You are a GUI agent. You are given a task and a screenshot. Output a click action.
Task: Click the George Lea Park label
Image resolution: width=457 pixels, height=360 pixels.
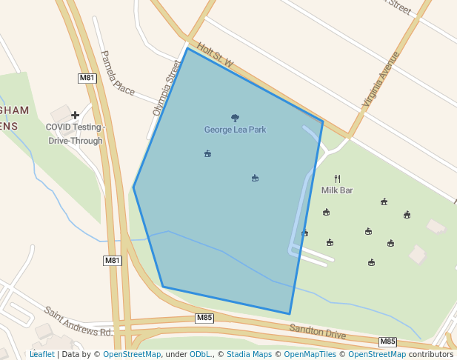(x=235, y=130)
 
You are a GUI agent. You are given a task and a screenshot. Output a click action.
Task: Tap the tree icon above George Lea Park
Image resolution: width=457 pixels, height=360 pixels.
(x=235, y=118)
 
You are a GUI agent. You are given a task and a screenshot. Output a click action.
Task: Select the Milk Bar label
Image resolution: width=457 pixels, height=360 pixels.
(x=337, y=190)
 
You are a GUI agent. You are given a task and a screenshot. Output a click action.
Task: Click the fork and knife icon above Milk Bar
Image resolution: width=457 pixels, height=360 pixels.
(x=337, y=179)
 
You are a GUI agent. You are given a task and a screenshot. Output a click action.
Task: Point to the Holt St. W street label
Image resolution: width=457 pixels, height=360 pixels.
(x=216, y=56)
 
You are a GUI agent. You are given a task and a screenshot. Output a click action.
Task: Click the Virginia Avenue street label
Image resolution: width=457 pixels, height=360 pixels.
(x=381, y=80)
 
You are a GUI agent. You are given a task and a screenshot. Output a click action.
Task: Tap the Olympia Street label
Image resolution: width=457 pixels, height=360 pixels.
(x=167, y=88)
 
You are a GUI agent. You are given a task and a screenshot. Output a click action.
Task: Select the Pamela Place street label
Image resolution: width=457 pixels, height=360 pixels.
(x=117, y=73)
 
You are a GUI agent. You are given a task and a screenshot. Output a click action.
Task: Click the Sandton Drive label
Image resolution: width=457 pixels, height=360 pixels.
(x=317, y=331)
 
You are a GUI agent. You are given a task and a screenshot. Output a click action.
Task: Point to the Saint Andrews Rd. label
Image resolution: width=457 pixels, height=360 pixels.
(x=78, y=321)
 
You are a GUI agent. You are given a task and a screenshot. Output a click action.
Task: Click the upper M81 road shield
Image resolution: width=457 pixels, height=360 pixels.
(x=87, y=78)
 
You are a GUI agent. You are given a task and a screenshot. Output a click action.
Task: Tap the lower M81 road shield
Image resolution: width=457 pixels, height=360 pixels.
(x=112, y=260)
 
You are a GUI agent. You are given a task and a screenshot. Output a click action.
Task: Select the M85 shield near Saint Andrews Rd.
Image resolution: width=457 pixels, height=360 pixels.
(x=205, y=318)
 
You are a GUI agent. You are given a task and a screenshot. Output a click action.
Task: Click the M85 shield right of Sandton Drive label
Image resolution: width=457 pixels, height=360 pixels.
(x=387, y=341)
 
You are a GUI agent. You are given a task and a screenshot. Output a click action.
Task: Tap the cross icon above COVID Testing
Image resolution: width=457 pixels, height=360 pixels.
(x=75, y=115)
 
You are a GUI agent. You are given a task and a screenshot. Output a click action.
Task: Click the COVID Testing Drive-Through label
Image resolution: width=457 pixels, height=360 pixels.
(x=76, y=134)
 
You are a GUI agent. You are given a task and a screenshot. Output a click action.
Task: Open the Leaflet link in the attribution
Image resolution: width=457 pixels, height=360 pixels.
(x=41, y=354)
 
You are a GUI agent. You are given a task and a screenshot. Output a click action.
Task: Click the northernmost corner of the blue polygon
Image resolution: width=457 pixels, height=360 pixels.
(x=187, y=48)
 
